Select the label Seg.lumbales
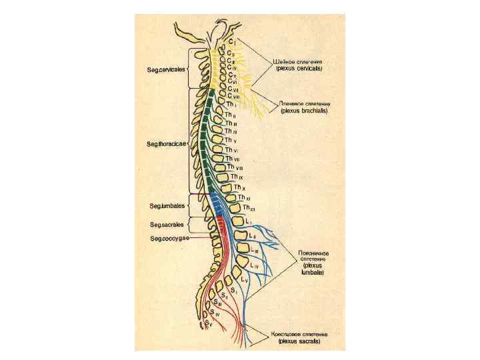(167, 205)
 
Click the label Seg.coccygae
(169, 238)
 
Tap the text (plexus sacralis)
(299, 341)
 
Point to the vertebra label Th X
(239, 188)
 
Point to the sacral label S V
(209, 323)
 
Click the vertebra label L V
(245, 281)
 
